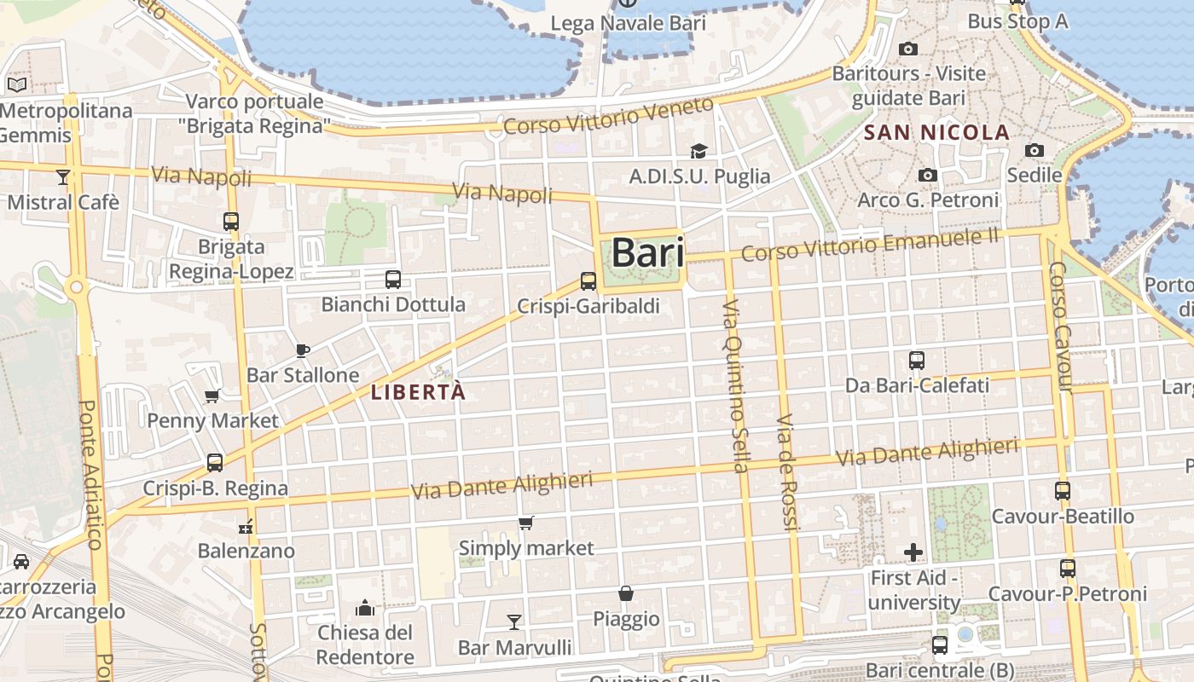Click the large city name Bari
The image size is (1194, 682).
tap(647, 253)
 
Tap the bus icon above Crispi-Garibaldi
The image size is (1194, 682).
tap(588, 280)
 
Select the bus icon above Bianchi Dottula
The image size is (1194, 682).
tap(393, 279)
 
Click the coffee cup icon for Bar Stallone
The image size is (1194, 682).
tap(302, 350)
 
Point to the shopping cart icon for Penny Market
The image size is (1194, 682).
tap(212, 395)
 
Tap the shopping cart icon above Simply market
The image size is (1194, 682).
tap(526, 523)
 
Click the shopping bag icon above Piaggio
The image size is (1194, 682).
tap(626, 593)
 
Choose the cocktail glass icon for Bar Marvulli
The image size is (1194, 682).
tap(514, 621)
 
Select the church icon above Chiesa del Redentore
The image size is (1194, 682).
tap(365, 607)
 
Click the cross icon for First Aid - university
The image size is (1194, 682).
tap(913, 552)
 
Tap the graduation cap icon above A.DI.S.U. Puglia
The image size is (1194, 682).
tap(699, 151)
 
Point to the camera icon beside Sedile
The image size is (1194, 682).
tap(1035, 151)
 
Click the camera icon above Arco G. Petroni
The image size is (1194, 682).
tap(928, 175)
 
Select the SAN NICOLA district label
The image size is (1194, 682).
tap(936, 132)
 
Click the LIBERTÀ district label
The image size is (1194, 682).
tap(419, 392)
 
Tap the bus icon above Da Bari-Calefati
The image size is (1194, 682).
tap(917, 360)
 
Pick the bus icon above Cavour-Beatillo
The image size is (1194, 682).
tap(1063, 491)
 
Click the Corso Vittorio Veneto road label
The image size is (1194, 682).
tap(608, 117)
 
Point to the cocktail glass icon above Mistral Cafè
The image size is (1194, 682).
tap(63, 176)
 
